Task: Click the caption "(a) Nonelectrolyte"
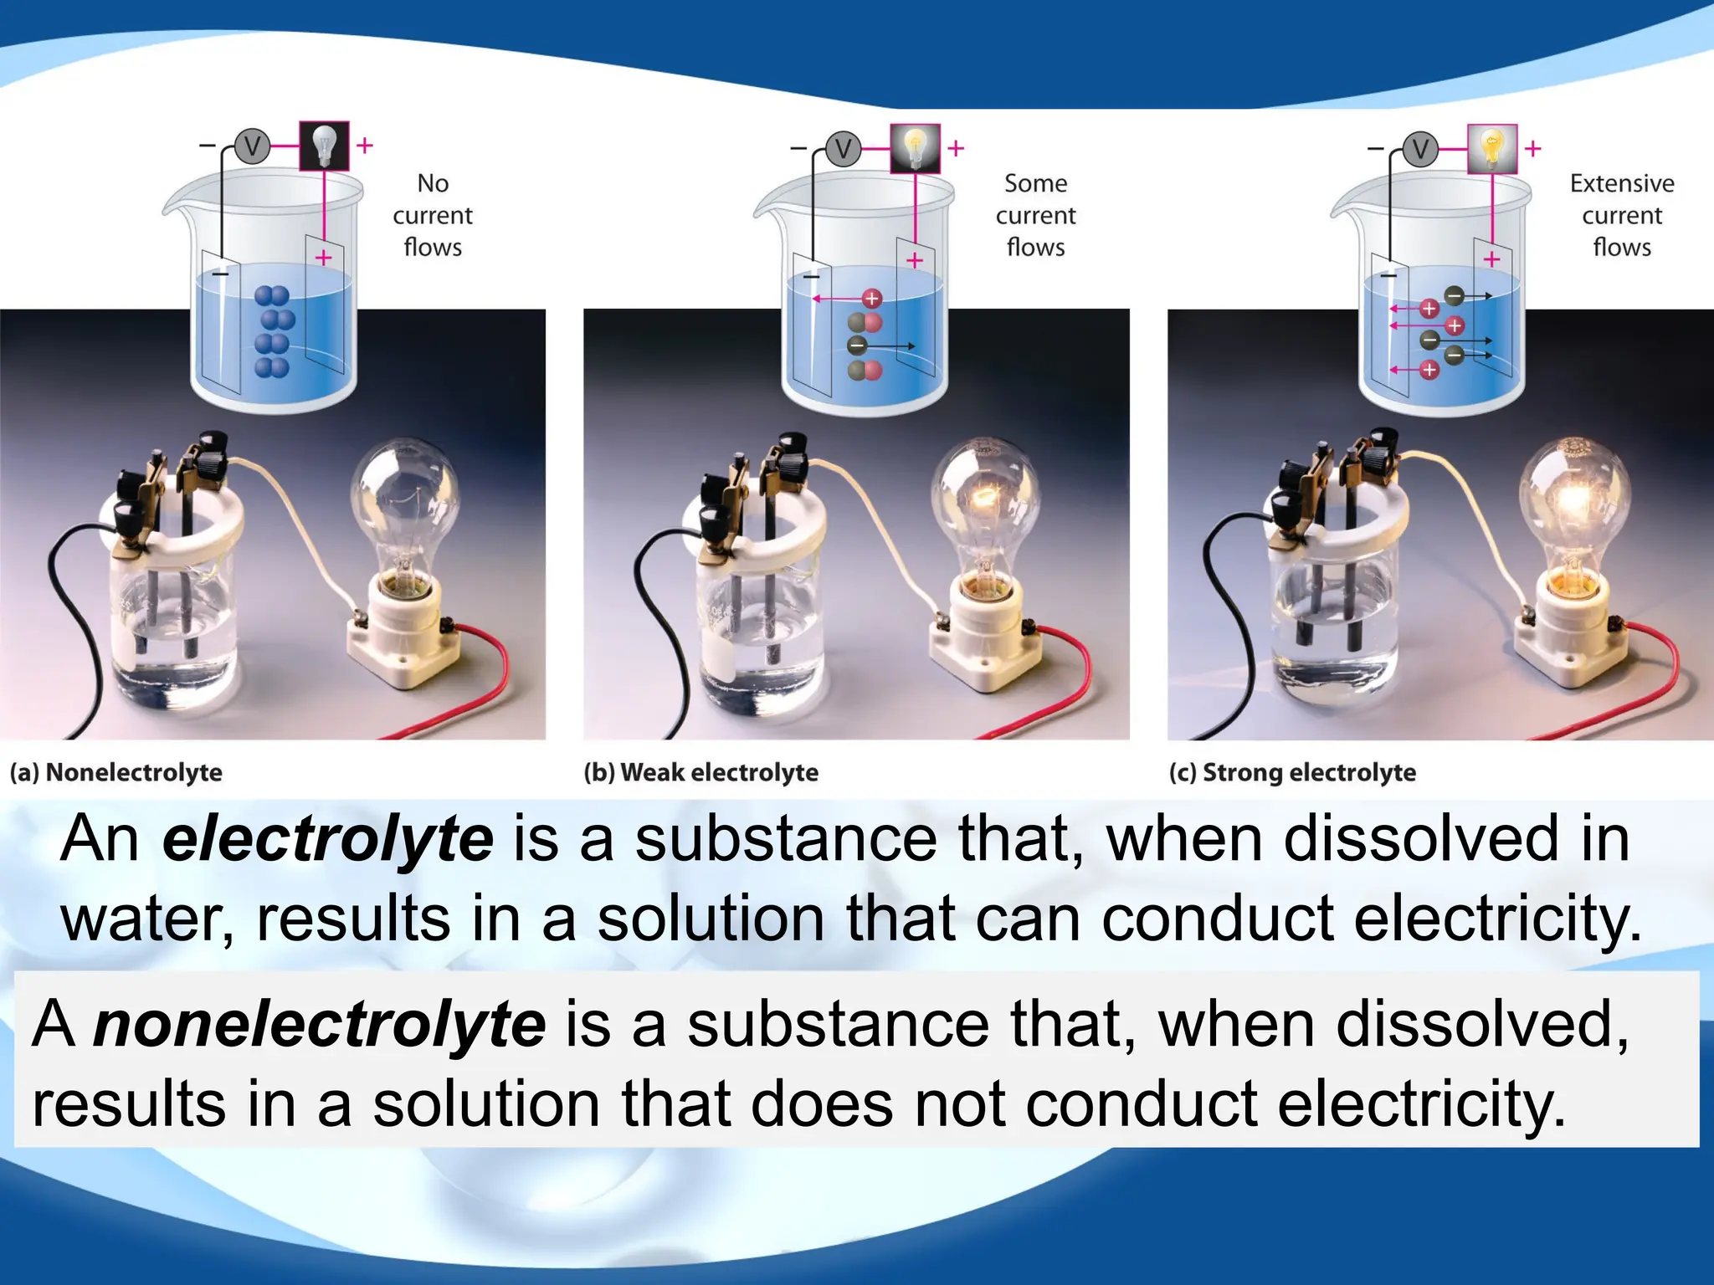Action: [116, 772]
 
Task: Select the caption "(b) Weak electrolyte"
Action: [700, 772]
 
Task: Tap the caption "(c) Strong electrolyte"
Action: [1292, 772]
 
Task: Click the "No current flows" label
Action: [433, 215]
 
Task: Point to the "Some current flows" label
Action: [1035, 215]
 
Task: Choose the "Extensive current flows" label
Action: [1621, 215]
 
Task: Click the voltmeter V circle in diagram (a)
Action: [251, 147]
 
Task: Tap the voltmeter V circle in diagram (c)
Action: [1420, 150]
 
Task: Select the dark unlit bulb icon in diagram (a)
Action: [324, 146]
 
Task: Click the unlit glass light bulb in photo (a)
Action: [404, 502]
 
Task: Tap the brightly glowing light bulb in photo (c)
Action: [1573, 502]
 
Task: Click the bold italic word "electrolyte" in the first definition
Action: [327, 839]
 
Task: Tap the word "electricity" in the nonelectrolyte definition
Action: [1421, 1104]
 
